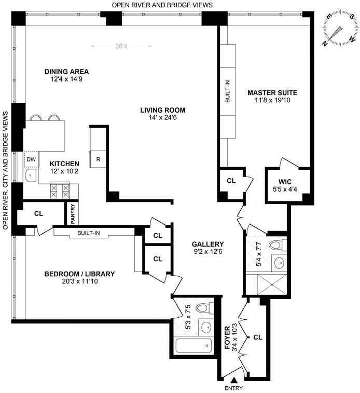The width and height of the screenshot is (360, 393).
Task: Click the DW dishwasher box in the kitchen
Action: [x=32, y=159]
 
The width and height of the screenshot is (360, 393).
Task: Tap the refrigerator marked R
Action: [x=98, y=159]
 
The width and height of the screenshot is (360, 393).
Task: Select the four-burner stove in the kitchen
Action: [x=60, y=191]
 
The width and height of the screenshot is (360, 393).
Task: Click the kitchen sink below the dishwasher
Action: [x=31, y=175]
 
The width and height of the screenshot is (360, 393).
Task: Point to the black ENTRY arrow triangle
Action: [x=234, y=381]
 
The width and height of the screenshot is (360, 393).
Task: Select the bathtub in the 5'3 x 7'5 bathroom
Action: [x=194, y=345]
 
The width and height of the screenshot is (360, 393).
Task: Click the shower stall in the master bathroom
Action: [x=272, y=284]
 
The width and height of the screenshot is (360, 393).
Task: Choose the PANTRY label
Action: [x=73, y=214]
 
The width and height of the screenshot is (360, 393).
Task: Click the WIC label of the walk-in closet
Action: [x=285, y=182]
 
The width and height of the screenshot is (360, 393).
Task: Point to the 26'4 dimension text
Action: [x=121, y=46]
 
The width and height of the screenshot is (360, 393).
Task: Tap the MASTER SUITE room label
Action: [x=272, y=93]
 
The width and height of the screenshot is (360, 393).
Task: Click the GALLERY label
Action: [x=208, y=244]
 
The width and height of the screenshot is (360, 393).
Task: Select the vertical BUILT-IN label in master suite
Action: [x=228, y=91]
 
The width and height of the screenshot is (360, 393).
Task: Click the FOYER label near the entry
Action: [x=227, y=337]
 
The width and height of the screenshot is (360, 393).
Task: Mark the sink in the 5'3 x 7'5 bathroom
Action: [x=206, y=327]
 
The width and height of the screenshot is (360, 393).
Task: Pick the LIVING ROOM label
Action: [x=163, y=110]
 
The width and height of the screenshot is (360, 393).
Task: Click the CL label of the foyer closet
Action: [x=258, y=337]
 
